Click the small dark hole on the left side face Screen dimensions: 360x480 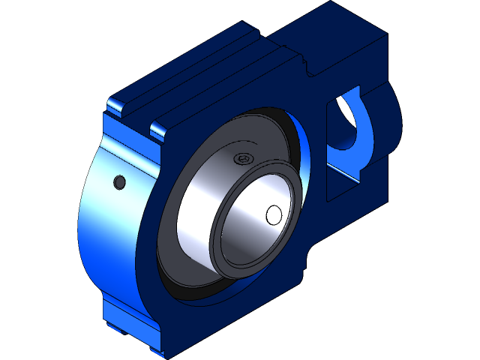pyautogui.click(x=118, y=181)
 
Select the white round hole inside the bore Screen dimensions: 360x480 pyautogui.click(x=274, y=214)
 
